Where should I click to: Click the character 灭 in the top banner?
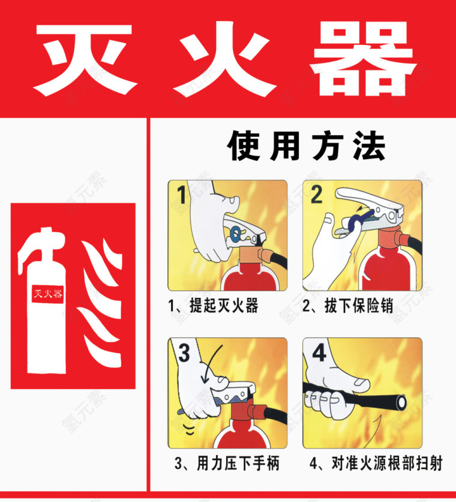[84, 58]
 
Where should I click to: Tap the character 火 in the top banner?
[226, 58]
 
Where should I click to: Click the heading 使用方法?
[306, 147]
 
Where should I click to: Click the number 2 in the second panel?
[316, 195]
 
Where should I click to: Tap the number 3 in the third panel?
[184, 353]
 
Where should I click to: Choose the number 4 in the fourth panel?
[318, 353]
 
